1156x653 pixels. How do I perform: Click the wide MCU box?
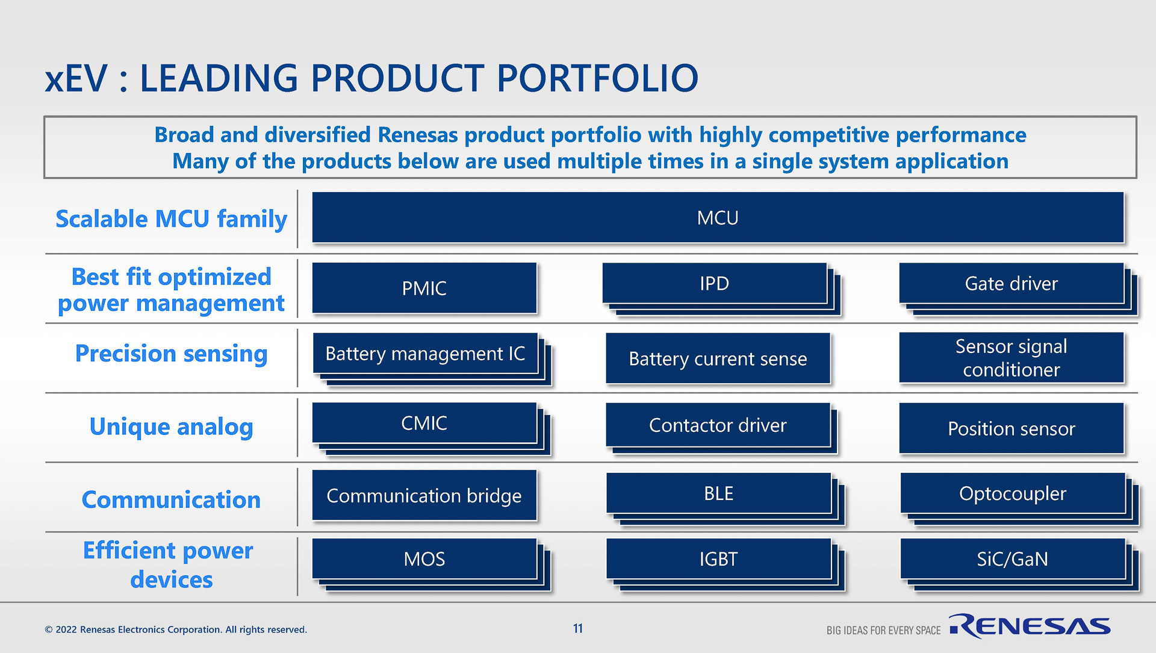point(718,217)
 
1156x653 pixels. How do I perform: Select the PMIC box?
point(424,288)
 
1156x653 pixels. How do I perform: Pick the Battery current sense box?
point(718,358)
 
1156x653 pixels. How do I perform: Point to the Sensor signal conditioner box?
point(1011,358)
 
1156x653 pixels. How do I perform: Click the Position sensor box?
point(1011,428)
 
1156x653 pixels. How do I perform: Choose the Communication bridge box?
point(424,495)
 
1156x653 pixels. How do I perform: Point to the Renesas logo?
point(1030,626)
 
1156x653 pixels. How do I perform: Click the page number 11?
point(578,628)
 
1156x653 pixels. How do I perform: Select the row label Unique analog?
point(171,426)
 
